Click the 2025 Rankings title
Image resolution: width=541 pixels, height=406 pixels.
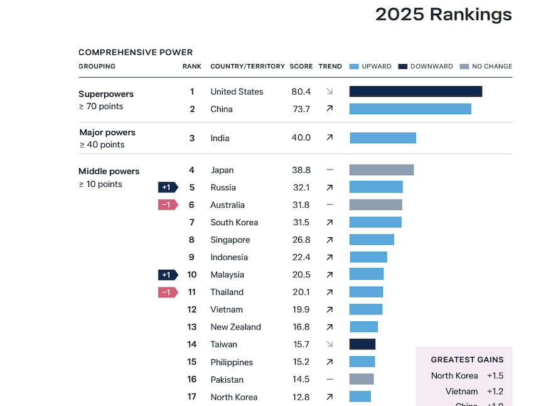coord(443,14)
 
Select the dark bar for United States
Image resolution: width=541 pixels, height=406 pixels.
coord(415,92)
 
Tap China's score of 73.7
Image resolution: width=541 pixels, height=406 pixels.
coord(301,109)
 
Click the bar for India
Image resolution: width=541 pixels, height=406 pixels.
coord(383,138)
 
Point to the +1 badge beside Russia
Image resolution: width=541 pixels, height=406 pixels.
coord(168,187)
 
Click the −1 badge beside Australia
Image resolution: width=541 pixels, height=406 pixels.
coord(168,205)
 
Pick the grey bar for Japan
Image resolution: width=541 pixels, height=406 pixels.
coord(382,170)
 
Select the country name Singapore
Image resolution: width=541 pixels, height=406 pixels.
coord(230,240)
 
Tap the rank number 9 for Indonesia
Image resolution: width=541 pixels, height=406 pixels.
coord(192,257)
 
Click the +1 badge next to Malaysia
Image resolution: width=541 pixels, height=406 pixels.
coord(168,275)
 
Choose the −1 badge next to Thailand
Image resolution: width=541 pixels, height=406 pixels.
coord(168,292)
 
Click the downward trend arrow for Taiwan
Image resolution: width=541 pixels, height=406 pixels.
coord(329,344)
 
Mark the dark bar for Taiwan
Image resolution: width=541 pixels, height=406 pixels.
coord(362,344)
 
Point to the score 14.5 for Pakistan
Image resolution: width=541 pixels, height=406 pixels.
coord(301,380)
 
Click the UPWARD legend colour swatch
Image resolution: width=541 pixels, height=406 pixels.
coord(354,67)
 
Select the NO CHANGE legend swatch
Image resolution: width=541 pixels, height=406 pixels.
coord(464,67)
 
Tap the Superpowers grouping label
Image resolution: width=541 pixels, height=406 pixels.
coord(106,94)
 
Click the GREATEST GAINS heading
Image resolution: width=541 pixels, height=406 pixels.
coord(467,360)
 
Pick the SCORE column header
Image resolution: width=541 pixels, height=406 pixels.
coord(301,67)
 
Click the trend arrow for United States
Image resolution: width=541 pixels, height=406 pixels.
coord(329,92)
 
